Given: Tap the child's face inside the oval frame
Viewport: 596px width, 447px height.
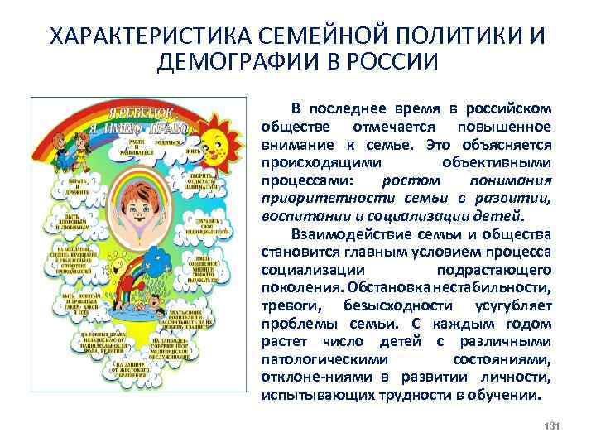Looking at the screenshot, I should pyautogui.click(x=138, y=203).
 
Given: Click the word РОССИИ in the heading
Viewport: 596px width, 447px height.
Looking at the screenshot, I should pyautogui.click(x=394, y=63).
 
